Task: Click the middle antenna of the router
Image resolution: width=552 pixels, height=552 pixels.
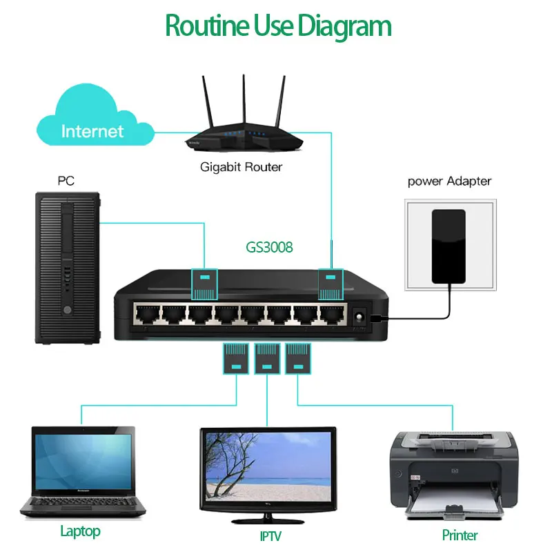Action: (x=243, y=97)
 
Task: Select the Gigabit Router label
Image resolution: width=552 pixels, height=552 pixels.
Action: (x=241, y=167)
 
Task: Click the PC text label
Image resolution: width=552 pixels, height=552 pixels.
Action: (x=66, y=181)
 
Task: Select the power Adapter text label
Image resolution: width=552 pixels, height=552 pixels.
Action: (x=449, y=181)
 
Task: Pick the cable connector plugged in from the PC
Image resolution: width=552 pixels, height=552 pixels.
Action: (x=204, y=284)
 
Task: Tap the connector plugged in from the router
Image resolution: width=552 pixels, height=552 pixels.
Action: (x=331, y=284)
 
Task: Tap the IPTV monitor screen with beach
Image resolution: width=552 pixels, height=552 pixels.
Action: (x=268, y=469)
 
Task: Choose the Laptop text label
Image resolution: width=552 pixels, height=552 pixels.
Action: (x=80, y=531)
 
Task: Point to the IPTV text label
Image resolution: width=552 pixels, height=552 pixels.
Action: (x=270, y=535)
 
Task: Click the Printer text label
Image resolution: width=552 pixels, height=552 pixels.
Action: (x=460, y=535)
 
